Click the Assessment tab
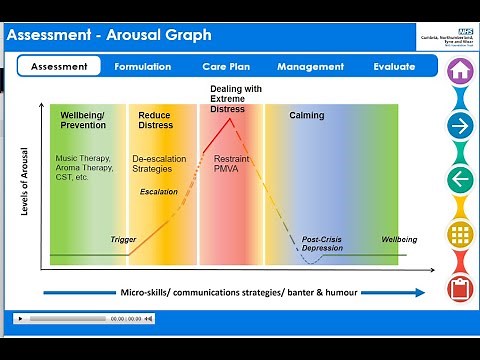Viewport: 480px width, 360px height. (59, 67)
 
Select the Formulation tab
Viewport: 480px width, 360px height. (143, 67)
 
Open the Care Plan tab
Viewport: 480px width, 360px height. (225, 67)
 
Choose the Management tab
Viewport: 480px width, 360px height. (310, 67)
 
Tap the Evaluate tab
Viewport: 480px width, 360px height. (394, 67)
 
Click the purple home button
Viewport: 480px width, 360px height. (460, 72)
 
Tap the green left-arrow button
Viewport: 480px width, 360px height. (460, 180)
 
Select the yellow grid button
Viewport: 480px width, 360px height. (460, 234)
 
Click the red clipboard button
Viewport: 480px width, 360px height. (460, 288)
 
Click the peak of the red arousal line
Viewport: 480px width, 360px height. (232, 119)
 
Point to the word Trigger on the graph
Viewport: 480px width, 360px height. (123, 240)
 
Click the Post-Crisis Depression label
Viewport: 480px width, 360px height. (323, 244)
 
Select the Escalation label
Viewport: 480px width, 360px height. (158, 191)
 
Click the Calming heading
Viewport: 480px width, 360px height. (307, 115)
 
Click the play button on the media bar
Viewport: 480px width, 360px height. (19, 318)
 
